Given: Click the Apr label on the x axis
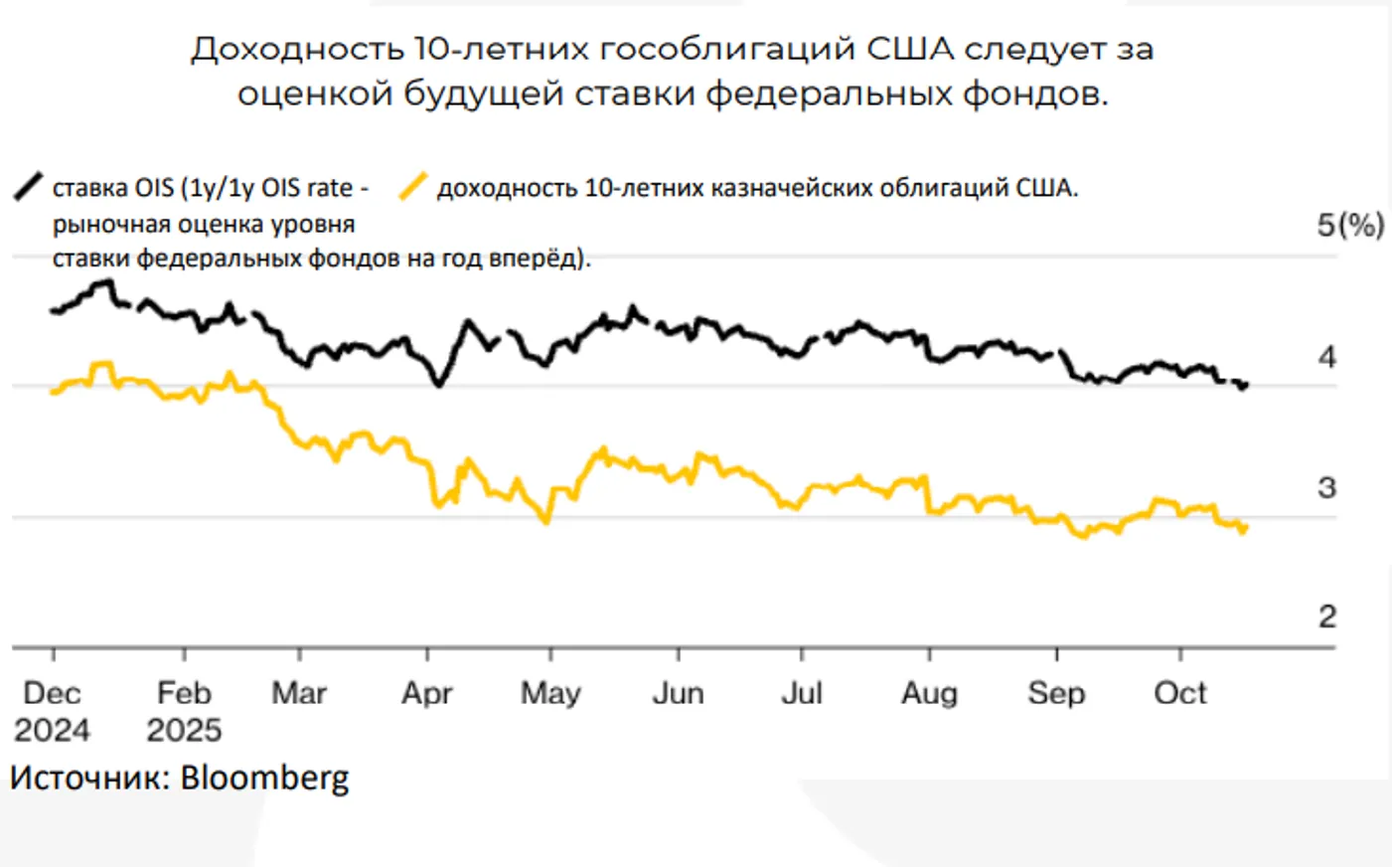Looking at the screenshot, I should pyautogui.click(x=426, y=693).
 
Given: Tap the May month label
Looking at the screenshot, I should pyautogui.click(x=550, y=693).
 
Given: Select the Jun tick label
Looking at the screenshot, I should pyautogui.click(x=678, y=693).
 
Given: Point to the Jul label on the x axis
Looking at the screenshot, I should pyautogui.click(x=801, y=693).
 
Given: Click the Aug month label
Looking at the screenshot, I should pyautogui.click(x=929, y=693).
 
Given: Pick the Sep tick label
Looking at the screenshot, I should pyautogui.click(x=1056, y=693).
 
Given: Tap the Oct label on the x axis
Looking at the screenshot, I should pyautogui.click(x=1180, y=693).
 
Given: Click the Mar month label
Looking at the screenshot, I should pyautogui.click(x=299, y=693).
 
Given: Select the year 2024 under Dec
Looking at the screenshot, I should pyautogui.click(x=52, y=731).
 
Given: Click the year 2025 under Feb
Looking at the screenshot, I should pyautogui.click(x=184, y=731).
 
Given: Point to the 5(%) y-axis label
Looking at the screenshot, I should pyautogui.click(x=1350, y=225).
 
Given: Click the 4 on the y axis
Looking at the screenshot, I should pyautogui.click(x=1326, y=357).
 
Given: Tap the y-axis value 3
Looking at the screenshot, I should pyautogui.click(x=1326, y=487).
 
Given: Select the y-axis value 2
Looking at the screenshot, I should pyautogui.click(x=1326, y=616).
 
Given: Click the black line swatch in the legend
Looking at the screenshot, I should pyautogui.click(x=29, y=186).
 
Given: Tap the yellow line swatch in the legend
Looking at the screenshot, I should pyautogui.click(x=412, y=186).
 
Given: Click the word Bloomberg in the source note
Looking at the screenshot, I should pyautogui.click(x=264, y=778).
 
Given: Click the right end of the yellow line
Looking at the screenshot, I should pyautogui.click(x=1245, y=527).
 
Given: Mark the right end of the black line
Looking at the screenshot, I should pyautogui.click(x=1245, y=385).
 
